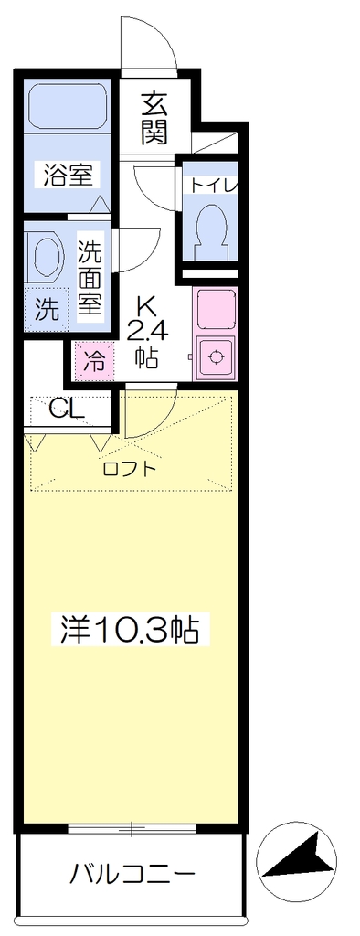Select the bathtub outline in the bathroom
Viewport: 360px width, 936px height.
tap(68, 106)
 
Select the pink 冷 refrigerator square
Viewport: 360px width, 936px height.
tap(93, 360)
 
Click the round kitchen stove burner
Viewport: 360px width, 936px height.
tap(215, 357)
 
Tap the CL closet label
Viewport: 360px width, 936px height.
tap(67, 409)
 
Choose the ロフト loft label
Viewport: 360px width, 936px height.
tap(129, 469)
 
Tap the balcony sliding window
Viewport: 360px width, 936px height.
tap(132, 828)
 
